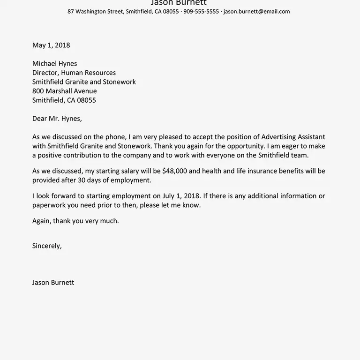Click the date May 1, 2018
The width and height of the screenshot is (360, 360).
[51, 45]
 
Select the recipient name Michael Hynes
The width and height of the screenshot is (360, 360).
[54, 64]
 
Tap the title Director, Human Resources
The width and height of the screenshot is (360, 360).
[74, 73]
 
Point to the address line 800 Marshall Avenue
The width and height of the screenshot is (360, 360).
[64, 91]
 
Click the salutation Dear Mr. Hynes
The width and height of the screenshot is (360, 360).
[57, 119]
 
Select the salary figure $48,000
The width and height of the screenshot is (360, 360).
[176, 171]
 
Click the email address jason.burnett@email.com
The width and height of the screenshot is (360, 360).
[256, 11]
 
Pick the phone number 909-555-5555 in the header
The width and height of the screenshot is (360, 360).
[201, 11]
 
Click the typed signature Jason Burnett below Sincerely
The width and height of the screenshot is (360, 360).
[53, 282]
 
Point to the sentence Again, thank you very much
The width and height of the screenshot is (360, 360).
[75, 221]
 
